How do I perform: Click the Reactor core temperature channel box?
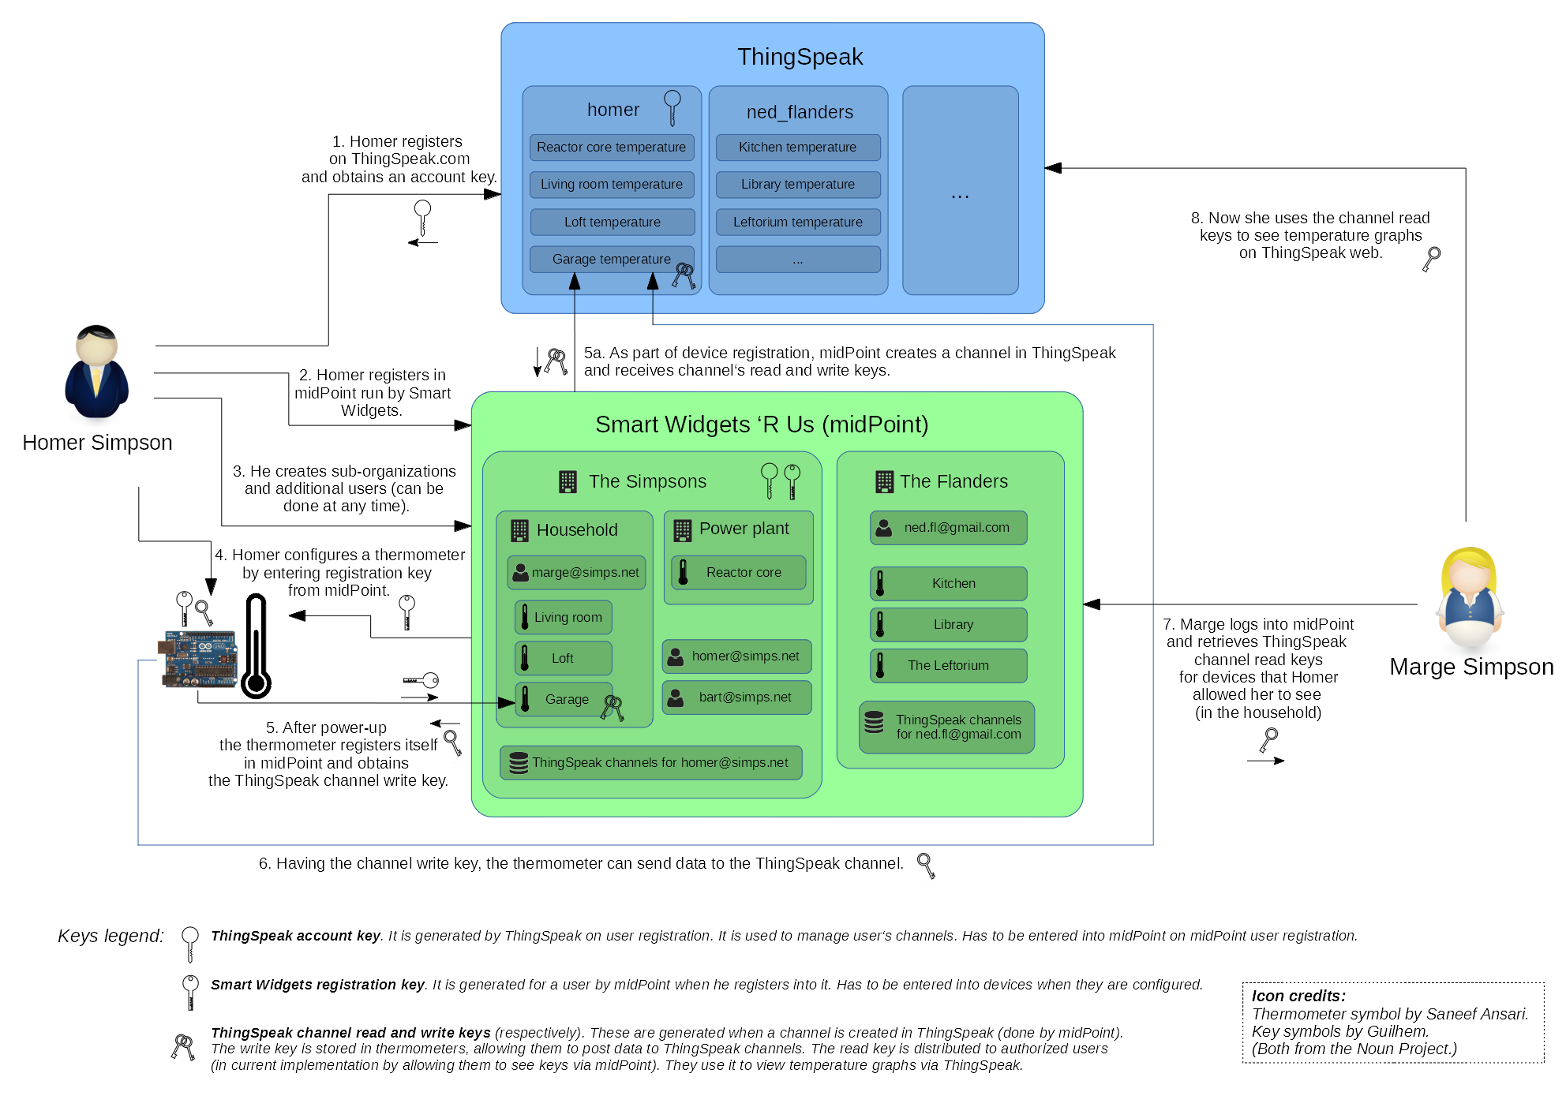612,148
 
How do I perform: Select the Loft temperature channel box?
612,222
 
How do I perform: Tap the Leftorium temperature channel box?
797,222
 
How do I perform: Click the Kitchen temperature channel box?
797,148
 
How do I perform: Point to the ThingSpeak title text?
800,57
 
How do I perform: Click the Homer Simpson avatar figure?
96,372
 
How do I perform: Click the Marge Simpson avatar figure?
1470,597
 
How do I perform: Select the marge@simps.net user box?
576,573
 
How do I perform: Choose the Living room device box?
564,617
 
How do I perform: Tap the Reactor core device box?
738,573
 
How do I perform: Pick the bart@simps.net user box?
736,697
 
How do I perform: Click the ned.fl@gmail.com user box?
948,528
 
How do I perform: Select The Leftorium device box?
948,665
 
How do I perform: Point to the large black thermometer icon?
257,647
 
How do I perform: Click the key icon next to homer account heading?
672,107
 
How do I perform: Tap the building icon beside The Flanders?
884,481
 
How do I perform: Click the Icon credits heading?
1298,996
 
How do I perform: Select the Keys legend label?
111,936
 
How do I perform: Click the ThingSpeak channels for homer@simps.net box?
651,763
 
